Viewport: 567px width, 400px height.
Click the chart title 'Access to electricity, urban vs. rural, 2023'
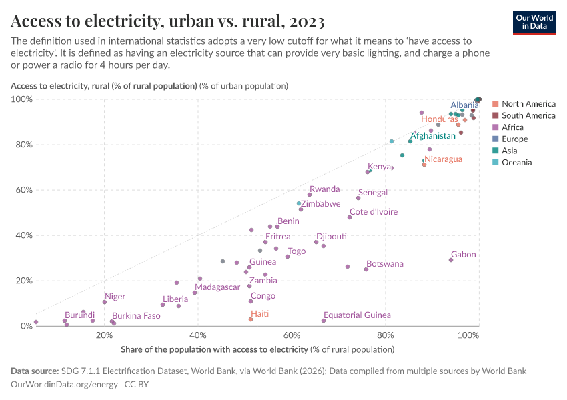pos(167,22)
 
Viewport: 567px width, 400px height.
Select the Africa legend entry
pos(512,127)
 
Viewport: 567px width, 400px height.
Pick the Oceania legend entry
pos(516,163)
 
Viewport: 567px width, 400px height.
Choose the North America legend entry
pos(528,104)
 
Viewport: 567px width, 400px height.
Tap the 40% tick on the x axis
pos(197,335)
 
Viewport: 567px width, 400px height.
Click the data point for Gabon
pos(451,260)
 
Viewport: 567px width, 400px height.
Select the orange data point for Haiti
pos(251,319)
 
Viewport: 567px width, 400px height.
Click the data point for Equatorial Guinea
pos(324,321)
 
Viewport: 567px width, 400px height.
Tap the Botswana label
pos(384,264)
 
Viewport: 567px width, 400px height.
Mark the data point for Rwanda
pos(310,195)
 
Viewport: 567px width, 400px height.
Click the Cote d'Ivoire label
pos(374,212)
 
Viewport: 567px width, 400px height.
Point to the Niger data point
pos(105,302)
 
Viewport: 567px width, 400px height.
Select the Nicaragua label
pos(443,159)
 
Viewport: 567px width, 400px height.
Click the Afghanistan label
pos(432,136)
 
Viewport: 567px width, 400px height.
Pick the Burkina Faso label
pos(136,316)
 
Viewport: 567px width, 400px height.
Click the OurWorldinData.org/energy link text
pos(65,385)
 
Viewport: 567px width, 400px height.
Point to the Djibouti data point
pos(316,242)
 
